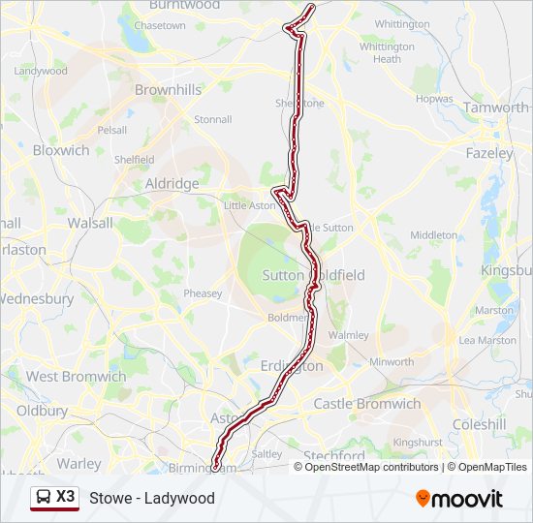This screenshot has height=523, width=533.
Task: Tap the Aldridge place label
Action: coord(172,183)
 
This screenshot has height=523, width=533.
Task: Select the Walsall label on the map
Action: coord(90,223)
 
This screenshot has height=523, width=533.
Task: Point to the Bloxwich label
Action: coord(61,150)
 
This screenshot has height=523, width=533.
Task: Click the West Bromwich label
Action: coord(76,377)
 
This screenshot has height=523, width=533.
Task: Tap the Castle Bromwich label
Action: coord(366,404)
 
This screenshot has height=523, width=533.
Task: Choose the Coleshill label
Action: coord(480,423)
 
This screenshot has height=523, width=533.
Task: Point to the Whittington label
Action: coord(401,23)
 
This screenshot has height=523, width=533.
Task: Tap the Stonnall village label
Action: coord(212,120)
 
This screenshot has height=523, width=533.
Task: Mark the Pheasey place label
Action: coord(203,293)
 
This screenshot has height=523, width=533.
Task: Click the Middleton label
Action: coord(433,235)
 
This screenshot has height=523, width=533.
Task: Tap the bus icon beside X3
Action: coord(44,497)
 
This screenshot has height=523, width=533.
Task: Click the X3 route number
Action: coord(65,497)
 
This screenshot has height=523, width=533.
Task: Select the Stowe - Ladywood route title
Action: coord(152,499)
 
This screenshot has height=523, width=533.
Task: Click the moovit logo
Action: coord(459,499)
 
